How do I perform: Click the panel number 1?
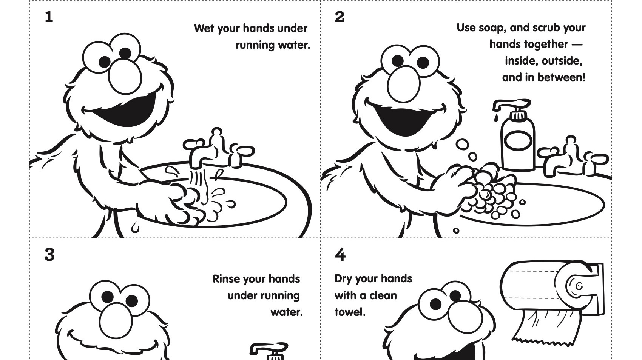(49, 17)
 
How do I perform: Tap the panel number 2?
(340, 17)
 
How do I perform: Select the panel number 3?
(49, 255)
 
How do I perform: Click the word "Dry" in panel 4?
(343, 279)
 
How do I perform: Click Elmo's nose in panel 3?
(116, 320)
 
